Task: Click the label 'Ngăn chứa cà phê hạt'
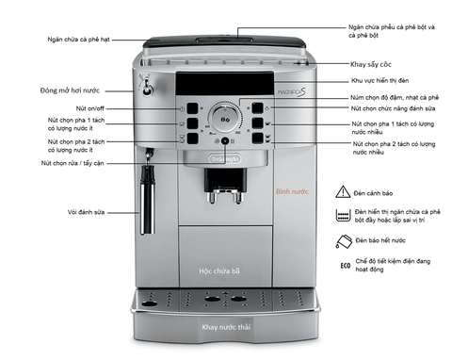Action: [x=78, y=40]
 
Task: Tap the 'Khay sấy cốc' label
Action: [x=371, y=64]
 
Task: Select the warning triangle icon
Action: [x=343, y=191]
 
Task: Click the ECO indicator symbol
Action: [x=346, y=266]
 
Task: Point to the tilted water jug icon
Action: [x=344, y=241]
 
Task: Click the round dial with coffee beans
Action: [x=225, y=119]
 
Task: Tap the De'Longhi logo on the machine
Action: [x=225, y=158]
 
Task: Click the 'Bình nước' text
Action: [x=292, y=191]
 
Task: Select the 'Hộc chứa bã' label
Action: [x=219, y=270]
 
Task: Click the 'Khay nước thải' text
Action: [x=226, y=327]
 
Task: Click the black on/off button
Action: [x=192, y=108]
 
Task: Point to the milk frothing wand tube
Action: [x=148, y=200]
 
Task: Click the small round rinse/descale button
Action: [x=225, y=141]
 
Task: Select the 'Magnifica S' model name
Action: [x=292, y=91]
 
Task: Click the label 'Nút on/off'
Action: [x=90, y=108]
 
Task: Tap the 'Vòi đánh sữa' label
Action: [x=86, y=212]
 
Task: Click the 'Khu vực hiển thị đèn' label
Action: [x=379, y=81]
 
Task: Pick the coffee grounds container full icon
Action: [x=343, y=216]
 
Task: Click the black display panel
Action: [x=225, y=83]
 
